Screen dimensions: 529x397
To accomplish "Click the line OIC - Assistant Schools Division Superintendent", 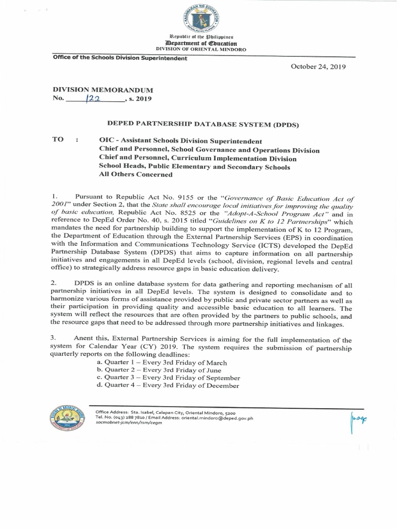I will [180, 141].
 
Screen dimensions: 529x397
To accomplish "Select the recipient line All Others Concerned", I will [135, 175].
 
